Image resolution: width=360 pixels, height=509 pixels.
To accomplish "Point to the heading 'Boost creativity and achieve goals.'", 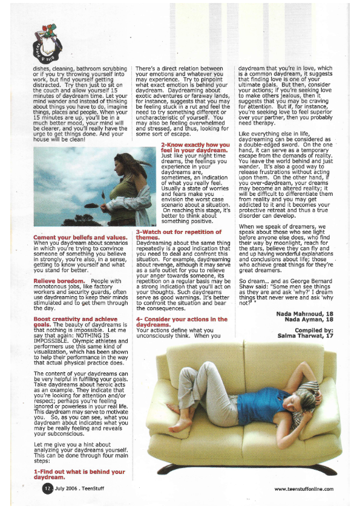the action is [75, 318].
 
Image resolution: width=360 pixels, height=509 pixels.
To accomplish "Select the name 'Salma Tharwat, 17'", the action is [306, 335].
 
